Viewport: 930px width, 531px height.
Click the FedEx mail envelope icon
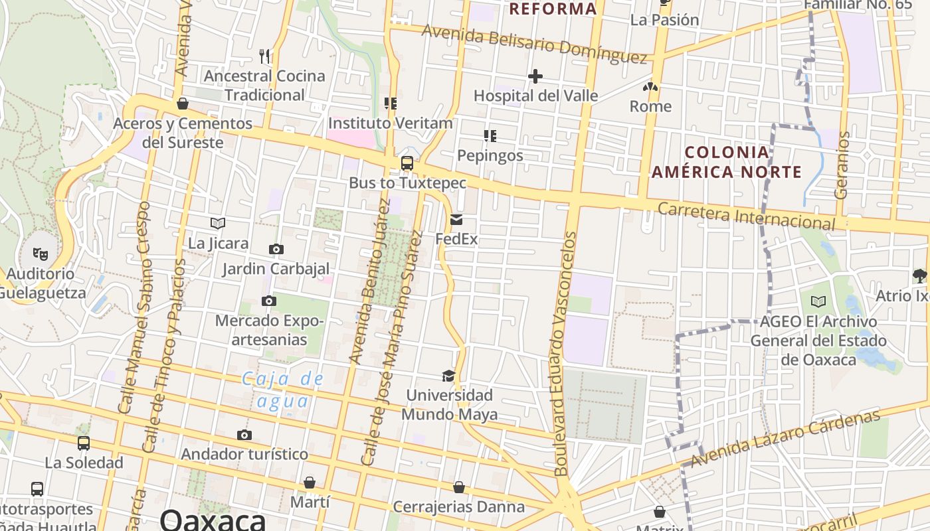point(456,220)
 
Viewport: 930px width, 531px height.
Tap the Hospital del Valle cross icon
point(535,76)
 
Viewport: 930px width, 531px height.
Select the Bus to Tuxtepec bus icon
point(407,163)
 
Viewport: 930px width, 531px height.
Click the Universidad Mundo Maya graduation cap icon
point(449,376)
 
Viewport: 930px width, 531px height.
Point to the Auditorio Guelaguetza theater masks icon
point(41,254)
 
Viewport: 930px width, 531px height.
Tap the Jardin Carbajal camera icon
point(276,249)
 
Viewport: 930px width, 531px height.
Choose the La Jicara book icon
point(218,224)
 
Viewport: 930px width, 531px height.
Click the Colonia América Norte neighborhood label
point(727,163)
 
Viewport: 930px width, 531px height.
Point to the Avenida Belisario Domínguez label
point(534,44)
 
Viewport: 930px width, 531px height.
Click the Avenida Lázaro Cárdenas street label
point(785,438)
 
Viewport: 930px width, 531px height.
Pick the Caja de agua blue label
point(284,390)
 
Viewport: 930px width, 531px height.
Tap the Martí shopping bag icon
point(310,483)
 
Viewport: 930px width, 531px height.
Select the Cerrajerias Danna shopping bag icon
point(458,488)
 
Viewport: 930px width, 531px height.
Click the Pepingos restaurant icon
point(490,136)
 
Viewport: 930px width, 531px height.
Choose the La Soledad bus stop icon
point(84,443)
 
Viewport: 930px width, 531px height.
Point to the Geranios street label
point(842,165)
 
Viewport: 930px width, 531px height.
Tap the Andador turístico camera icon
point(244,435)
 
